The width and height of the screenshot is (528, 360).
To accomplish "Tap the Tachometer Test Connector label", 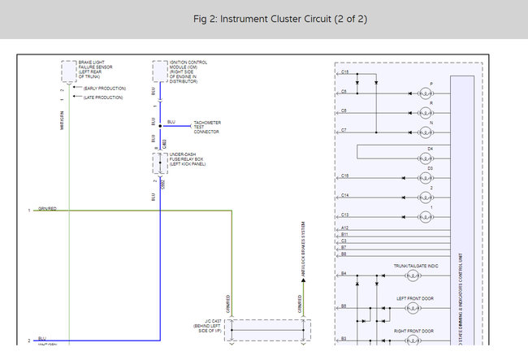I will [x=206, y=127].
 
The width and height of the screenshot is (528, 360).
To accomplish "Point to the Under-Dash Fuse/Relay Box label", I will [x=188, y=158].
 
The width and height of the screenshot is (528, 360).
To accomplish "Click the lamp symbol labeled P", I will [x=426, y=93].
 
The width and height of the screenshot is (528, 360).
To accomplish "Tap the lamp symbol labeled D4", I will [x=426, y=158].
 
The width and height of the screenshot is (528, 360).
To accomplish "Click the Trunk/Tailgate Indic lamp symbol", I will [x=413, y=276].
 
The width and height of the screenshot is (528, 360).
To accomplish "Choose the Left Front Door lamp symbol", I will [x=413, y=309].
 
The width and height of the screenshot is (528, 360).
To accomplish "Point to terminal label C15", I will [x=344, y=72].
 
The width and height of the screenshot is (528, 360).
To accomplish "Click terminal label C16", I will [x=344, y=176].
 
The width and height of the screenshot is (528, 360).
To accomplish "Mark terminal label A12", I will [x=344, y=228].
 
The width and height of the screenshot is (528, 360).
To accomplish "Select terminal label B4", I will [x=344, y=274].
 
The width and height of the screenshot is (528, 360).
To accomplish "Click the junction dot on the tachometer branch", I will [x=160, y=126].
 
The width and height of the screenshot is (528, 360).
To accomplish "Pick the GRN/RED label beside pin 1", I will [x=47, y=209].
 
